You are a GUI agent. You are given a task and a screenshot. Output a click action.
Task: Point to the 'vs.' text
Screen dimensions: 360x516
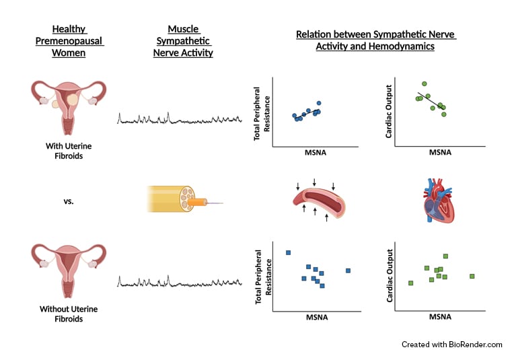[x=69, y=201]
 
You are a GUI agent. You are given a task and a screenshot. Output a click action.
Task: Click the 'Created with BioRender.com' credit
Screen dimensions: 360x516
[x=451, y=344]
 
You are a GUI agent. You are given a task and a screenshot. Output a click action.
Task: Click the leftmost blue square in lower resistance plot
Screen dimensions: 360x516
[x=288, y=252]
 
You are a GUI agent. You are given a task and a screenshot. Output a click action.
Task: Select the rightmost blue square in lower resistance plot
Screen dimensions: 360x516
[x=348, y=271]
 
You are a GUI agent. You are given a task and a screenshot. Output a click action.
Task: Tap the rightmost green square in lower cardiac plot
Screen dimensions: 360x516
[x=472, y=276]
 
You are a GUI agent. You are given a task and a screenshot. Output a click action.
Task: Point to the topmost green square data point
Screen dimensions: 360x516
[x=445, y=256]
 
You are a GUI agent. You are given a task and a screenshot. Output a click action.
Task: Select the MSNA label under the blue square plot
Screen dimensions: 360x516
[x=317, y=317]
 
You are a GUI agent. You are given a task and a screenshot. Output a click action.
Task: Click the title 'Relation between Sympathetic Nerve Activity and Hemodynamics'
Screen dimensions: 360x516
[x=375, y=40]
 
